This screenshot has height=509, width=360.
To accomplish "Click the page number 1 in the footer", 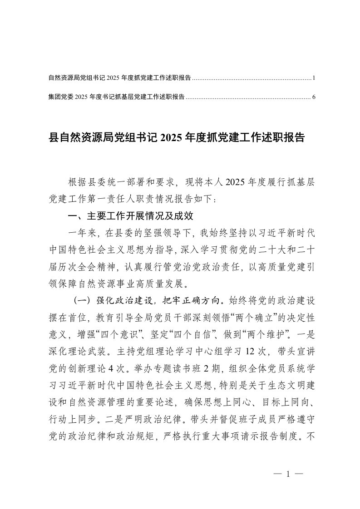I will pyautogui.click(x=287, y=472).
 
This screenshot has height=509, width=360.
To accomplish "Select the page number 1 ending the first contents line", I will pyautogui.click(x=314, y=78).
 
